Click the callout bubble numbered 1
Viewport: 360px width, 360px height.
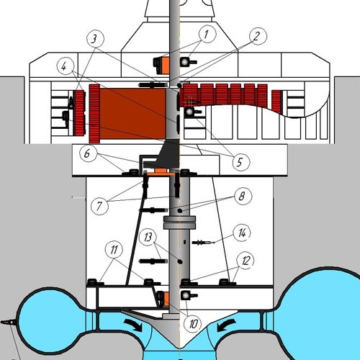[x=207, y=34]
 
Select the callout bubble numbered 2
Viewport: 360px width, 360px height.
[x=258, y=36]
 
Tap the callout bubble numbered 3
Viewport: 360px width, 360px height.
[x=95, y=39]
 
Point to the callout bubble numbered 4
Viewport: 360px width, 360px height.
[x=66, y=66]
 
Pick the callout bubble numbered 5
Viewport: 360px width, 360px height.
[x=241, y=162]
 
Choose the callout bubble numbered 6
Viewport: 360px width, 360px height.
[x=89, y=153]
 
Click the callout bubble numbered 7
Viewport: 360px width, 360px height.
[x=99, y=206]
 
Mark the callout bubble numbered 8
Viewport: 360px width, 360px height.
[x=243, y=196]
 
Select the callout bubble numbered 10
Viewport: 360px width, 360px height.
[x=192, y=324]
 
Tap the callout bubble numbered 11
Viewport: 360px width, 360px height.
[x=114, y=250]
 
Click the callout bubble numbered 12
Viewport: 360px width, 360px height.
[x=246, y=261]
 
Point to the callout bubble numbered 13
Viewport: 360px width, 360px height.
[x=148, y=237]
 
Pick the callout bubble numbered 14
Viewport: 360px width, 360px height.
[x=242, y=233]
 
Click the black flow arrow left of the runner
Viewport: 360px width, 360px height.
[x=133, y=325]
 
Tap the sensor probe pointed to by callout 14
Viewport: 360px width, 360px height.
[x=203, y=243]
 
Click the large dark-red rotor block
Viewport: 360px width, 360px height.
[x=132, y=114]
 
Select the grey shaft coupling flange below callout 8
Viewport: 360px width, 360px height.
[x=179, y=222]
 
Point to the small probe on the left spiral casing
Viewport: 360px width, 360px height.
[x=7, y=323]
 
